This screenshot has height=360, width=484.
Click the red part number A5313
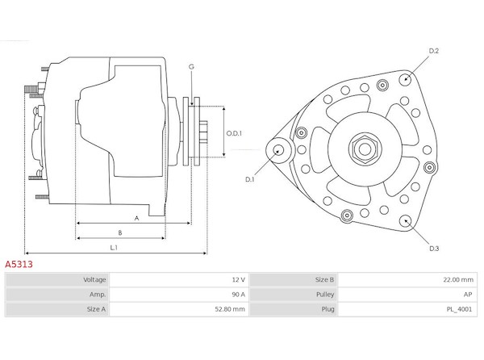pos(19,264)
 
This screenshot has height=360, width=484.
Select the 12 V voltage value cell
pos(238,280)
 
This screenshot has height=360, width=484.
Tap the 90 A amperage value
pos(238,295)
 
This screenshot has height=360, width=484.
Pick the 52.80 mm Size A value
pos(230,309)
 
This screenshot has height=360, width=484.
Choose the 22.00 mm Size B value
pos(458,280)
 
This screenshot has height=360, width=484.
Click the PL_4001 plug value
pos(459,309)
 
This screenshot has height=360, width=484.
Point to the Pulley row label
pos(325,295)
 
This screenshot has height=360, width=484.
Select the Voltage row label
pos(94,280)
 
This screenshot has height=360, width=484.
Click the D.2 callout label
pos(434,51)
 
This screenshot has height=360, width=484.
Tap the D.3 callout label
pos(434,249)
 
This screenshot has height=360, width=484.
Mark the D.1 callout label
pos(249,179)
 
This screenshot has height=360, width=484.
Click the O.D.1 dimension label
pos(234,133)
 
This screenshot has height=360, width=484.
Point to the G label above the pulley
pos(191,67)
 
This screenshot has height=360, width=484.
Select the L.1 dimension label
pos(114,247)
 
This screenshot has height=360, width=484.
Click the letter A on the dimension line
pos(137,218)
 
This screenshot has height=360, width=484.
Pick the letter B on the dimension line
pos(120,232)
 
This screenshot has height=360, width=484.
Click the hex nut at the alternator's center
pos(365,149)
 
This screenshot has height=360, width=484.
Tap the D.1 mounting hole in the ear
pos(279,151)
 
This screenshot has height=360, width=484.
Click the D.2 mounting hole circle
pos(405,79)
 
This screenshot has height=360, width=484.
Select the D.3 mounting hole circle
pos(406,221)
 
